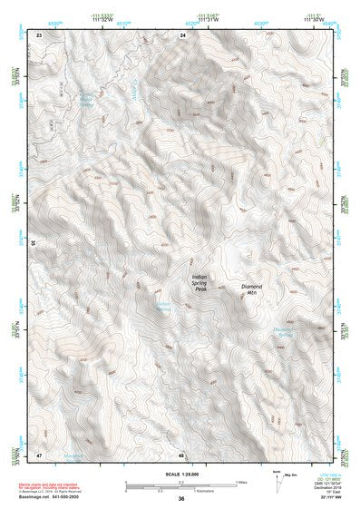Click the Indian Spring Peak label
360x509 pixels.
point(200,283)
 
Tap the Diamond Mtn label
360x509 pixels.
point(257,290)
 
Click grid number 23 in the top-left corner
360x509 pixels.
point(39,34)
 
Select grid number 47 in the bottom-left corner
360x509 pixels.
point(39,454)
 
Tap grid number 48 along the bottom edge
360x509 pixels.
point(182,454)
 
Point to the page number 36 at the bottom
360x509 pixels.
point(181,498)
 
